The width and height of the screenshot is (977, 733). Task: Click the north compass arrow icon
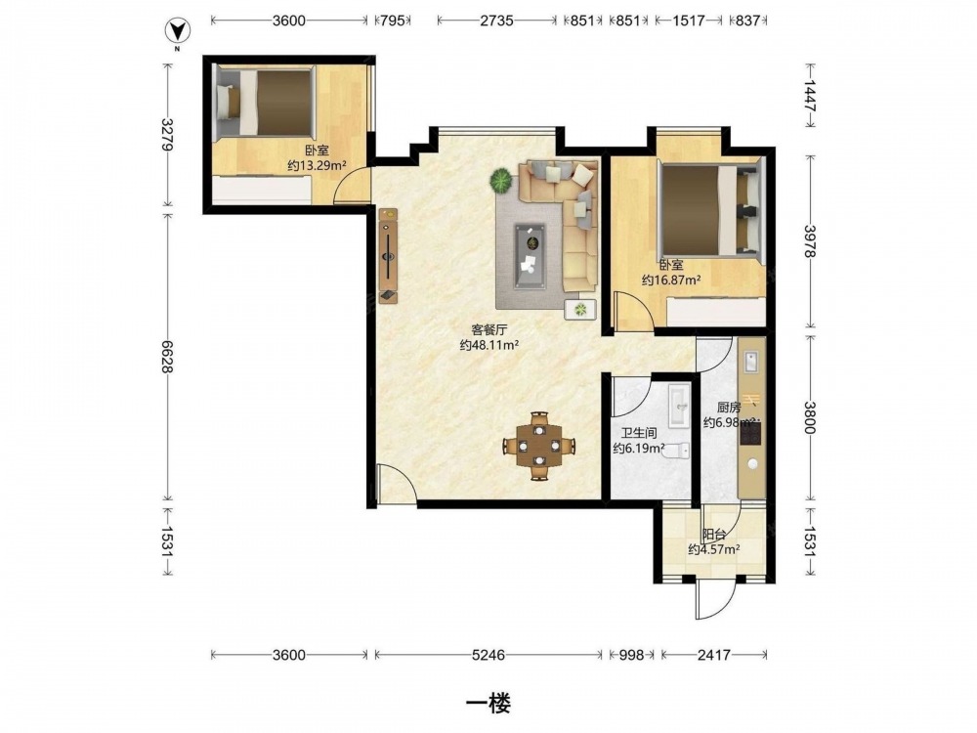click(x=177, y=30)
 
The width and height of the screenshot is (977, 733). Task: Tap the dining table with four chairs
click(x=539, y=446)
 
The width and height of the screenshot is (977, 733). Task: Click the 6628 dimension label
click(x=166, y=357)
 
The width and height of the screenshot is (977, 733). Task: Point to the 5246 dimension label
click(x=488, y=655)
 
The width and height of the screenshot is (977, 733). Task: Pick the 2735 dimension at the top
click(x=496, y=21)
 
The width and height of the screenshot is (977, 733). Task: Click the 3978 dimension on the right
click(x=810, y=241)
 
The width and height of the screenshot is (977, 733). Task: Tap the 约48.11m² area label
click(x=489, y=345)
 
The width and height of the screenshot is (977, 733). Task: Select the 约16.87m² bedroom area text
click(x=671, y=280)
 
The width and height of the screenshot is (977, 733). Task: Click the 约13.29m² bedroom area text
click(x=318, y=166)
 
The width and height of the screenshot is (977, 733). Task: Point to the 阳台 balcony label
click(x=714, y=535)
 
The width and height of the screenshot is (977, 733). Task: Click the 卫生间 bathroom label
click(x=639, y=433)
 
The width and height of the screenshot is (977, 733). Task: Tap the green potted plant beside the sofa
click(x=501, y=182)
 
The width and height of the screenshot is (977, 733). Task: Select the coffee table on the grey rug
click(x=531, y=256)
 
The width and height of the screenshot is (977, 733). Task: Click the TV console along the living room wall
click(x=388, y=256)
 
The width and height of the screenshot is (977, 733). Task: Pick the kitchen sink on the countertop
click(x=750, y=362)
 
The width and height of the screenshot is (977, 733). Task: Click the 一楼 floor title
click(x=488, y=704)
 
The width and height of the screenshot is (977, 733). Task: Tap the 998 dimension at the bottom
click(x=630, y=655)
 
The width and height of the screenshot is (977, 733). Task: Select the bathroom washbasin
click(x=679, y=406)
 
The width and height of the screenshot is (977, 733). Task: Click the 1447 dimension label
click(x=810, y=96)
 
